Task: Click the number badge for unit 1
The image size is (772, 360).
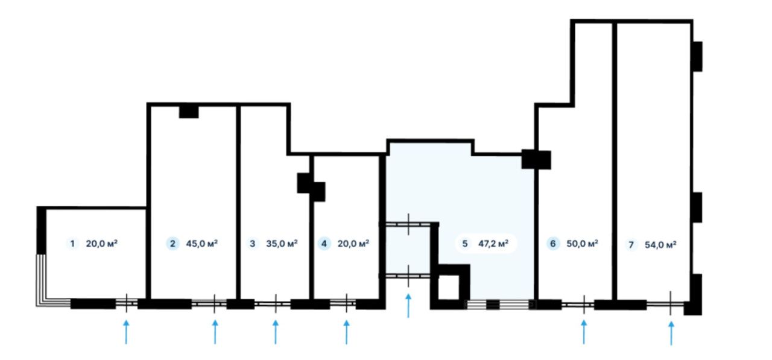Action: (72, 244)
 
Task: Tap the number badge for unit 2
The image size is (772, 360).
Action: (172, 244)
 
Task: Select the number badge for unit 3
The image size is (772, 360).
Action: (252, 244)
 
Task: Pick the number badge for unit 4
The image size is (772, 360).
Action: (324, 244)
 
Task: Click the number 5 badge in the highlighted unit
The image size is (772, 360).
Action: (464, 244)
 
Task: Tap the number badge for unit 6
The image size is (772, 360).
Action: (553, 244)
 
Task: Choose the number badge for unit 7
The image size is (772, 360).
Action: (631, 245)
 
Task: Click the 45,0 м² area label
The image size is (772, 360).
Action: (202, 244)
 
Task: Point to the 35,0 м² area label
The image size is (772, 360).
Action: (282, 244)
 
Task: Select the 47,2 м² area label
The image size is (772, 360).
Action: (493, 244)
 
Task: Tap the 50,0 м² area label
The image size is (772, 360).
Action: (583, 244)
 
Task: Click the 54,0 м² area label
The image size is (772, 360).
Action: (660, 245)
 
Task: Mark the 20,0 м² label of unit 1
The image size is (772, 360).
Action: (102, 244)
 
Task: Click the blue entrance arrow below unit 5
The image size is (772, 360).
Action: (408, 306)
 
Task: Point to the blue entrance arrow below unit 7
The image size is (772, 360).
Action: (671, 333)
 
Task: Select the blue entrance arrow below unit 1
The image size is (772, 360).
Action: (126, 332)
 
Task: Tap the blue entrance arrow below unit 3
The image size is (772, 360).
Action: (276, 332)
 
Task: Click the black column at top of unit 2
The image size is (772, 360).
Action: (189, 112)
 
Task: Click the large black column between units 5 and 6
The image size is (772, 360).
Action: (536, 160)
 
